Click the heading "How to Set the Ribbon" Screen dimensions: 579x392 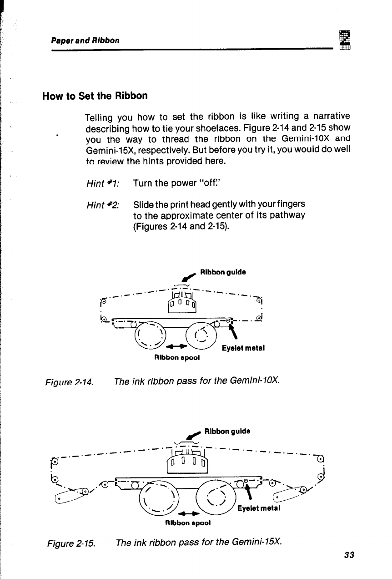point(95,96)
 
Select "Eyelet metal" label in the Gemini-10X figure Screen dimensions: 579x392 point(243,349)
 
